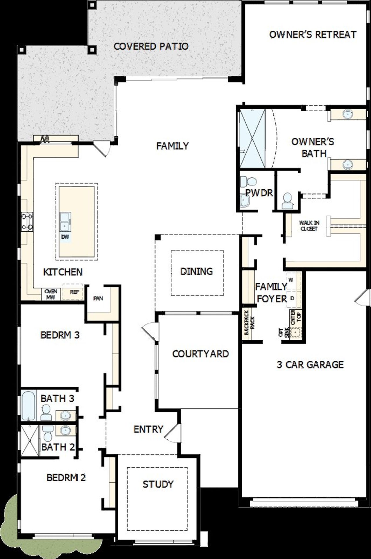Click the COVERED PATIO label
pyautogui.click(x=151, y=46)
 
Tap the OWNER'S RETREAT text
pyautogui.click(x=312, y=35)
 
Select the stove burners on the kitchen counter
pyautogui.click(x=27, y=222)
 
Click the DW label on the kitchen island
pyautogui.click(x=66, y=237)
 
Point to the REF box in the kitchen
pyautogui.click(x=74, y=292)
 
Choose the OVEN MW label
pyautogui.click(x=51, y=294)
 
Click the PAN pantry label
pyautogui.click(x=98, y=298)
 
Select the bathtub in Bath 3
pyautogui.click(x=28, y=405)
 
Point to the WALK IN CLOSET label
pyautogui.click(x=309, y=226)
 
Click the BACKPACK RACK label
pyautogui.click(x=249, y=325)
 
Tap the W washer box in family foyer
pyautogui.click(x=291, y=280)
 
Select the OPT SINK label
pyautogui.click(x=283, y=333)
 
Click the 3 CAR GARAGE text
pyautogui.click(x=310, y=364)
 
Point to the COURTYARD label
pyautogui.click(x=200, y=354)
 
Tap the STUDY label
pyautogui.click(x=158, y=484)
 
